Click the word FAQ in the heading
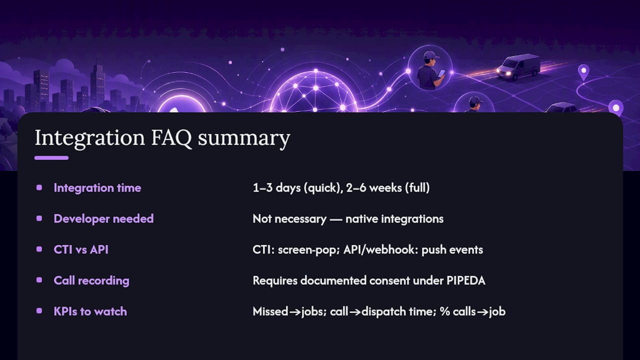pos(171,138)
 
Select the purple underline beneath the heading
pos(51,158)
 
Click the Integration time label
pos(97,188)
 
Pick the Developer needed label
pos(103,219)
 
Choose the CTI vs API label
pos(81,249)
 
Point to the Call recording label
pos(91,280)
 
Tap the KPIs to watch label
pos(90,311)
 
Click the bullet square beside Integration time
pos(39,187)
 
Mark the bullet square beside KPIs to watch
pos(39,311)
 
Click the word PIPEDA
pos(466,280)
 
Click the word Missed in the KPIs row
pos(270,311)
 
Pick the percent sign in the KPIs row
pos(445,311)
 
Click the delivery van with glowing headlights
pos(518,67)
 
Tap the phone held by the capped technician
pos(441,73)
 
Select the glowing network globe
pos(314,92)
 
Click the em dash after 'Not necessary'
pos(336,219)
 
